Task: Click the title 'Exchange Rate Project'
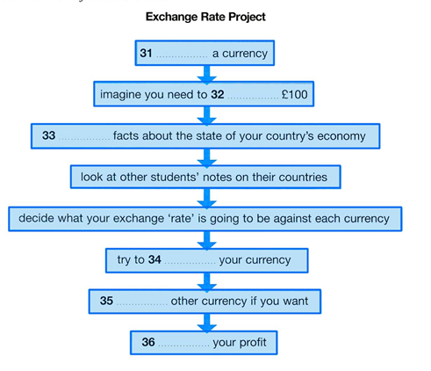click(x=205, y=17)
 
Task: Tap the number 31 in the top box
click(x=146, y=53)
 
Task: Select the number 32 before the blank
click(x=218, y=94)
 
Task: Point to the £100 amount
click(x=295, y=94)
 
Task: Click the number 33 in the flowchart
click(x=48, y=135)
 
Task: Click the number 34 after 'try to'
click(x=154, y=259)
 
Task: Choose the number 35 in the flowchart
click(x=106, y=301)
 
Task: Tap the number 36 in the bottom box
click(x=148, y=342)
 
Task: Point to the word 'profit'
click(x=252, y=342)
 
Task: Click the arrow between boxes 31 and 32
click(x=207, y=75)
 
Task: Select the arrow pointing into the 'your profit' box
click(x=207, y=323)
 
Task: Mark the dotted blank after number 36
click(x=183, y=346)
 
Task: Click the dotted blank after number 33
click(x=84, y=139)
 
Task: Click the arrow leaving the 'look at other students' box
click(x=207, y=198)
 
